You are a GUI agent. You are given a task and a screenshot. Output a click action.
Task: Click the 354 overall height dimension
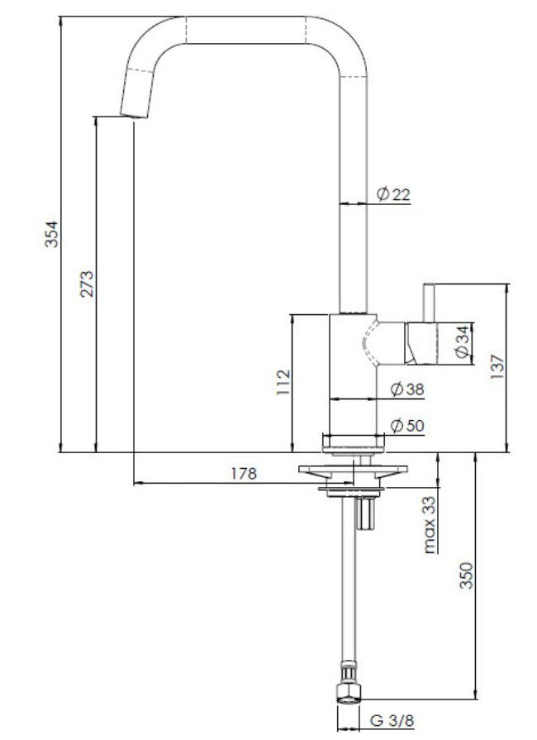pyautogui.click(x=51, y=237)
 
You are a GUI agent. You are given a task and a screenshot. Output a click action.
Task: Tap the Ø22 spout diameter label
pyautogui.click(x=393, y=195)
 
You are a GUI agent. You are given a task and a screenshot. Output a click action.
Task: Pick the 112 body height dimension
pyautogui.click(x=283, y=383)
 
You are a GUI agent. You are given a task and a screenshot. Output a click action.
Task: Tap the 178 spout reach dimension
pyautogui.click(x=245, y=474)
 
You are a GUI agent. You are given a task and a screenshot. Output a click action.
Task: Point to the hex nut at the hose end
pyautogui.click(x=349, y=691)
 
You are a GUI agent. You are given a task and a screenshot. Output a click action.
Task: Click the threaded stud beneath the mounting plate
pyautogui.click(x=365, y=513)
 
